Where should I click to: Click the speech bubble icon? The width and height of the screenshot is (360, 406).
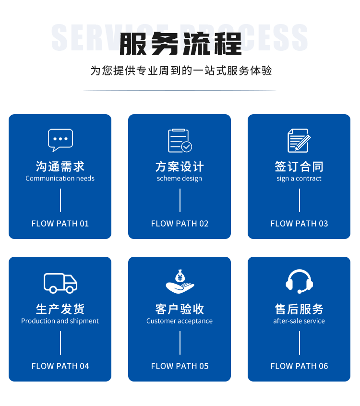(x=60, y=140)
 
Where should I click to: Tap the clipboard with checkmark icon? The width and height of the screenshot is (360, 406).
(x=180, y=141)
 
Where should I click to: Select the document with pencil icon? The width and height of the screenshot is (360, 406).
(x=299, y=140)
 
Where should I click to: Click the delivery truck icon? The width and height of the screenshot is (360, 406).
(x=60, y=283)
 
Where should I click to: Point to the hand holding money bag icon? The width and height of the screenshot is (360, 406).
(x=180, y=281)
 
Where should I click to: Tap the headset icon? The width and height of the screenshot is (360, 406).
(x=300, y=281)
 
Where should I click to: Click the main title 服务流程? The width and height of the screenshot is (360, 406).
(x=180, y=44)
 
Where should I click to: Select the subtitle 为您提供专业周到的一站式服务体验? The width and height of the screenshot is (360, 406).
(x=181, y=71)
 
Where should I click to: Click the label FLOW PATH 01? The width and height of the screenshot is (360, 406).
(x=60, y=224)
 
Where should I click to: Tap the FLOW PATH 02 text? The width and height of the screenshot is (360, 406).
(x=180, y=224)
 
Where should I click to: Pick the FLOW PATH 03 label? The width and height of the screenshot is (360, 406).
(x=299, y=224)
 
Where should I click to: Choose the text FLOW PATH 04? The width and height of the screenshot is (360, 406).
(x=60, y=366)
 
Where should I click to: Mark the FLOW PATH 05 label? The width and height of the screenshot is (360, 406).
(x=180, y=366)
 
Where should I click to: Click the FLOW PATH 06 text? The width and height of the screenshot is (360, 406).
(x=299, y=366)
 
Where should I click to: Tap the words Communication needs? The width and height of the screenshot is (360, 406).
(x=60, y=179)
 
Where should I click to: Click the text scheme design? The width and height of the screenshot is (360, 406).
(x=179, y=179)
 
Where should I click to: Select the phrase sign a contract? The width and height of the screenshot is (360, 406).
(x=299, y=179)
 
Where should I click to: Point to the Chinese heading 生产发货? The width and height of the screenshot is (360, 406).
(x=60, y=309)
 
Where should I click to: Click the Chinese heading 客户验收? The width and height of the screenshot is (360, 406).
(x=180, y=309)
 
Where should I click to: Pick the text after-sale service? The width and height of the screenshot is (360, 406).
(x=299, y=321)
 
